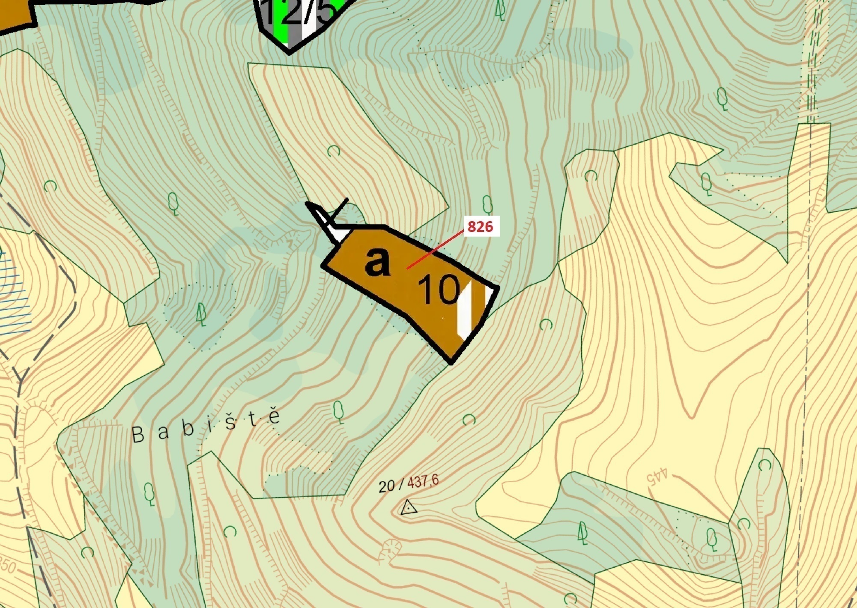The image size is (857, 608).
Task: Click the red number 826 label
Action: point(480,227)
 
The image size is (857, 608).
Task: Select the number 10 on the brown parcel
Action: point(438,289)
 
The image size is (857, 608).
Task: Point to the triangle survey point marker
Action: point(409,508)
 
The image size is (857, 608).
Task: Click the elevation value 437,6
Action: point(423,482)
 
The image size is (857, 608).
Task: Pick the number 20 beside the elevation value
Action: point(387,486)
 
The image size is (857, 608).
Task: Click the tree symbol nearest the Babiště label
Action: point(338,411)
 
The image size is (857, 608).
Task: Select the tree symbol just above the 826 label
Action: point(487,204)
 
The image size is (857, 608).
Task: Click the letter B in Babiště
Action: point(138,436)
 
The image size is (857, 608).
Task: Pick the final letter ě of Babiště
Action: point(274,416)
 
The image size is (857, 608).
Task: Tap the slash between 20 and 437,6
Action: point(401,484)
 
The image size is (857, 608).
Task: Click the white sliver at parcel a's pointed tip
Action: point(338,233)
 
